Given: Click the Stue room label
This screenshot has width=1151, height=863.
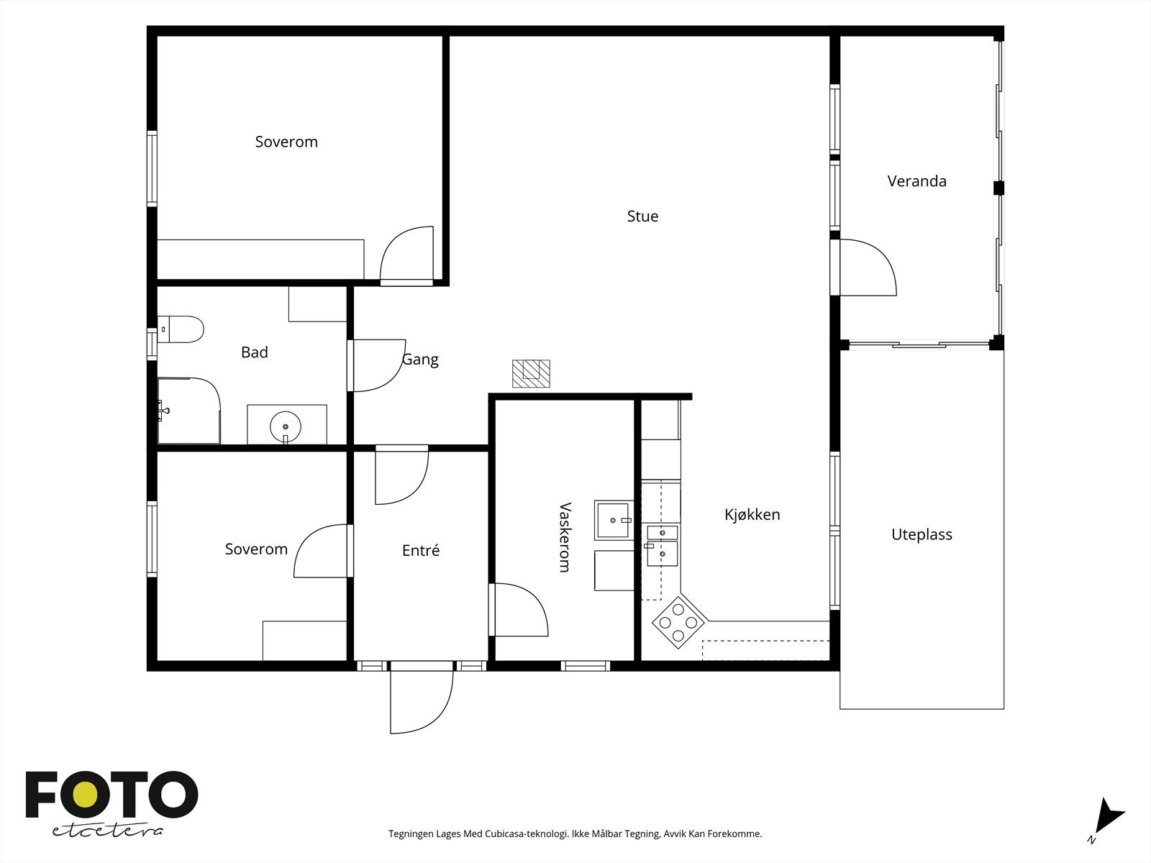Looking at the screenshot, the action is coord(642,216).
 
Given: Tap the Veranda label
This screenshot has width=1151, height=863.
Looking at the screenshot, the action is coord(916,181).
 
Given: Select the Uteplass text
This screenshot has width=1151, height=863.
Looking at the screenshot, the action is coord(922,534).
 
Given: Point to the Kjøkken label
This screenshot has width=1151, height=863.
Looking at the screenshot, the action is coord(752,514).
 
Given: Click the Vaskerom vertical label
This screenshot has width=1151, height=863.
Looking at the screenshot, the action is coord(565,537).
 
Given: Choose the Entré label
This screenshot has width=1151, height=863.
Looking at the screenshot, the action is coord(421,550).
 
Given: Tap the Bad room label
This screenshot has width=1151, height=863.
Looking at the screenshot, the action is coord(255,352).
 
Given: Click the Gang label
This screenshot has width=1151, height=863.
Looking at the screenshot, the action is coord(420,360).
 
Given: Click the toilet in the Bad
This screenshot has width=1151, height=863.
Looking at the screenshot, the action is coord(181,329).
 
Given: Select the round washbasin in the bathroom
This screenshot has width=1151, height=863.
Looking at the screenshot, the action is coord(286,427).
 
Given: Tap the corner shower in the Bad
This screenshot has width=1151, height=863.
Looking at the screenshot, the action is coord(188,410).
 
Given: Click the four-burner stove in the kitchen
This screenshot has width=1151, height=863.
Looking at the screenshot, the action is coord(678,623).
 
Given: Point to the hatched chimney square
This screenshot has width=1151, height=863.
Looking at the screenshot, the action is coord(531,373).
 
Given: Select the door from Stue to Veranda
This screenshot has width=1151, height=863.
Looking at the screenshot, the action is coord(863,268).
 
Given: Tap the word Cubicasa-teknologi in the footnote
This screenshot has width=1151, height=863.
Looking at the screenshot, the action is coord(527,834).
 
